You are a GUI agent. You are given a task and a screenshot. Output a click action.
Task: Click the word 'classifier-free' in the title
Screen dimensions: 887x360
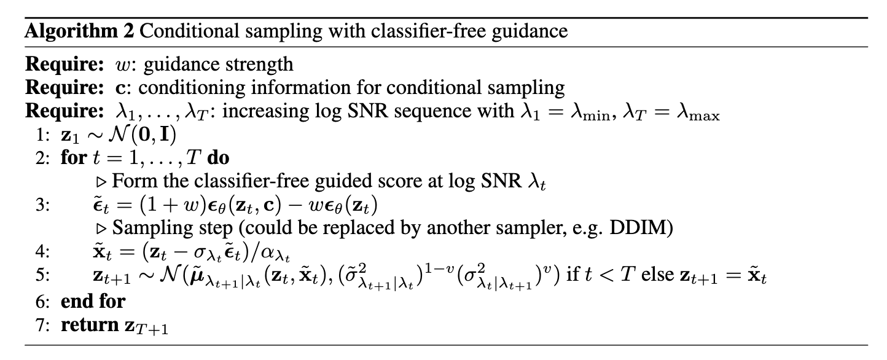(x=428, y=31)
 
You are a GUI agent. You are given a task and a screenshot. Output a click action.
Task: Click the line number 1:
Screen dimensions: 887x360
(x=43, y=135)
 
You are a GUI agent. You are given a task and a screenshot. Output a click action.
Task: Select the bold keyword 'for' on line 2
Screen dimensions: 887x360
(x=74, y=157)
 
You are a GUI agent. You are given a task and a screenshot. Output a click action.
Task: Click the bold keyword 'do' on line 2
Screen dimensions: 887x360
(x=218, y=158)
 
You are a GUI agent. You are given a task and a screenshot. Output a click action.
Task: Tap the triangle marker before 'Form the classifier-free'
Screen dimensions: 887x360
(x=102, y=182)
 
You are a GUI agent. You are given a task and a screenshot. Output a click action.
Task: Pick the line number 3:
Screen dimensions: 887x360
(x=43, y=205)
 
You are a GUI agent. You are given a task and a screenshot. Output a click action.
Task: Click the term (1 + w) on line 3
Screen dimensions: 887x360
(x=173, y=205)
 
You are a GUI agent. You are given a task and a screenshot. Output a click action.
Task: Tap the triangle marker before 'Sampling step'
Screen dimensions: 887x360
(x=102, y=229)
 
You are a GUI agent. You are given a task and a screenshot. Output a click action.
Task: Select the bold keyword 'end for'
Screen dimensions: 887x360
(x=93, y=302)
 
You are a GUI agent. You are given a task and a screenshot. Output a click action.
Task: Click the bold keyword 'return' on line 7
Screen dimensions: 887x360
(x=90, y=325)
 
